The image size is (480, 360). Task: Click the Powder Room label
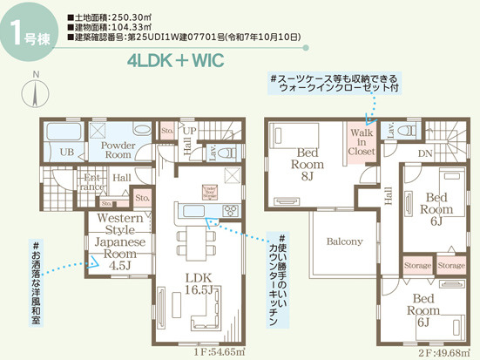click(119, 148)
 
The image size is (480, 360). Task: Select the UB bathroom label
click(66, 153)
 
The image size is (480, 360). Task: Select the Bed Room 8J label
click(307, 165)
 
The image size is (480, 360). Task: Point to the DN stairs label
click(426, 154)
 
